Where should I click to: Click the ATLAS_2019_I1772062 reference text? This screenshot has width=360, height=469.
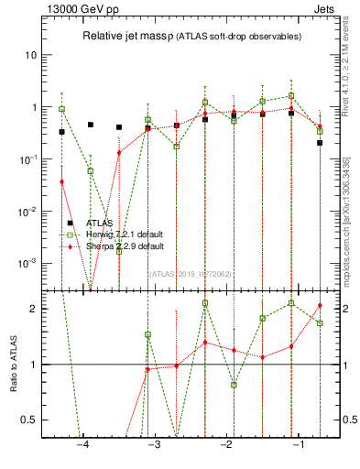point(191,273)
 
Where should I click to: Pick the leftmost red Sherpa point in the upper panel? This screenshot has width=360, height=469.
point(61,182)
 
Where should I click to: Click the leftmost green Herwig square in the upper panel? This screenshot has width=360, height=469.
point(61,109)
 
